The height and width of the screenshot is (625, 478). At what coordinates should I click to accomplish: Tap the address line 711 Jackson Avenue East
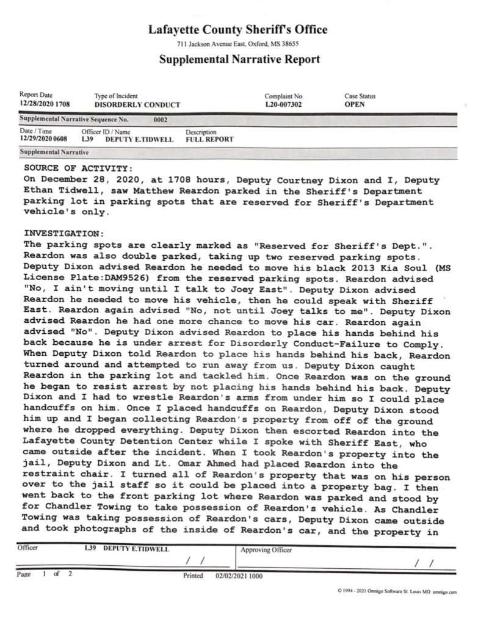(x=237, y=44)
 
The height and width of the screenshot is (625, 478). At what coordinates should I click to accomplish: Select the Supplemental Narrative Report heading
(x=239, y=59)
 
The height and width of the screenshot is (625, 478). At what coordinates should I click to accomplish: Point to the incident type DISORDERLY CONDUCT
(x=137, y=105)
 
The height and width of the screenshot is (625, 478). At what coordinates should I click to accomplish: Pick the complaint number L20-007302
(x=284, y=104)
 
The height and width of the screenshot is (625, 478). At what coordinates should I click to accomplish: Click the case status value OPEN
(x=355, y=104)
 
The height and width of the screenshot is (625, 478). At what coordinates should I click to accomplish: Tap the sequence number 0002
(x=160, y=120)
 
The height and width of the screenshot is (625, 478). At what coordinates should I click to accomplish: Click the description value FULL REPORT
(x=209, y=139)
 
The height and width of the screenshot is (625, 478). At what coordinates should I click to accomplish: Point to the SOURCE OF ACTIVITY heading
(x=77, y=167)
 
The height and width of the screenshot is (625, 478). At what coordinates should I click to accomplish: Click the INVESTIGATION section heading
(x=64, y=233)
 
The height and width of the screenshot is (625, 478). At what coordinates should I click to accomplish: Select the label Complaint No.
(x=284, y=96)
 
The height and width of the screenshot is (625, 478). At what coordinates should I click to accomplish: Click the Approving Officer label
(x=267, y=550)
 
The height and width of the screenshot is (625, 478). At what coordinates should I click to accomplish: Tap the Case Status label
(x=360, y=96)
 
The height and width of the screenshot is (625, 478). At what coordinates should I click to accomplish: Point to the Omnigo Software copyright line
(x=397, y=591)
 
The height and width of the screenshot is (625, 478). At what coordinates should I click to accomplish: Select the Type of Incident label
(x=116, y=96)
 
